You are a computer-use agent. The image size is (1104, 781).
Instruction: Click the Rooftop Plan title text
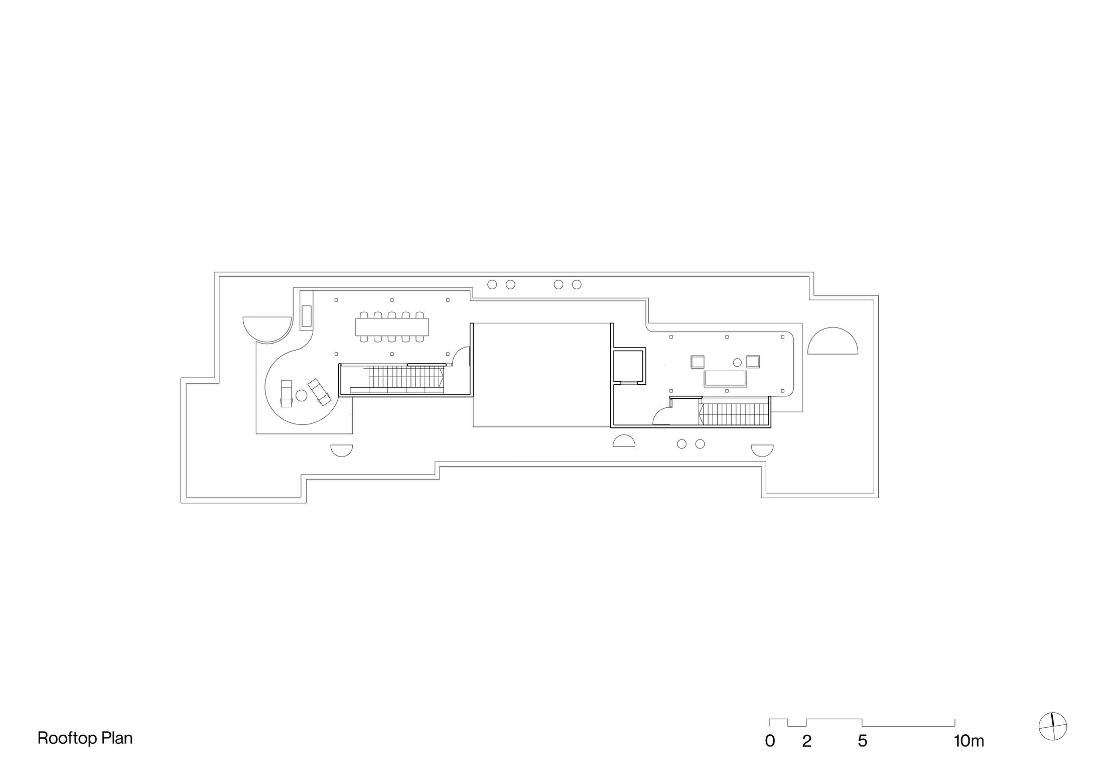click(x=85, y=738)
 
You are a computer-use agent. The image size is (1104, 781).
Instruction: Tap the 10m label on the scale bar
click(x=969, y=741)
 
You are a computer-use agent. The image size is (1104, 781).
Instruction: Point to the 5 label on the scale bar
click(x=862, y=741)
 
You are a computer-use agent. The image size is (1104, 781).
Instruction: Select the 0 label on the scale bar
click(x=770, y=741)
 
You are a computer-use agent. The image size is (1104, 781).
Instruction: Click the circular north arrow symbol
click(x=1052, y=726)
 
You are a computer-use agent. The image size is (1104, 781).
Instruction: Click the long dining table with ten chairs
click(x=392, y=327)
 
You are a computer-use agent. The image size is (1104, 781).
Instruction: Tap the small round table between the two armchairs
click(x=737, y=362)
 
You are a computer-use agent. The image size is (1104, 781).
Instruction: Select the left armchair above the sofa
click(x=698, y=362)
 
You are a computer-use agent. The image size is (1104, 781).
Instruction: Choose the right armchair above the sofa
click(x=753, y=362)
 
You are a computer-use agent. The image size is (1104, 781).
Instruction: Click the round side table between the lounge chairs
click(x=301, y=395)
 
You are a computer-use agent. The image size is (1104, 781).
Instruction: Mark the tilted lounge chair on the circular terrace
click(x=319, y=392)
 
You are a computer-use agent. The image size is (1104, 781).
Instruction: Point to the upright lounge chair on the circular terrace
click(x=286, y=393)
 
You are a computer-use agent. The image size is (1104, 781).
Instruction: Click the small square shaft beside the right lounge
click(x=628, y=366)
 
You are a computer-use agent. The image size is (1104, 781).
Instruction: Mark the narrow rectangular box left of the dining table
click(x=306, y=316)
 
